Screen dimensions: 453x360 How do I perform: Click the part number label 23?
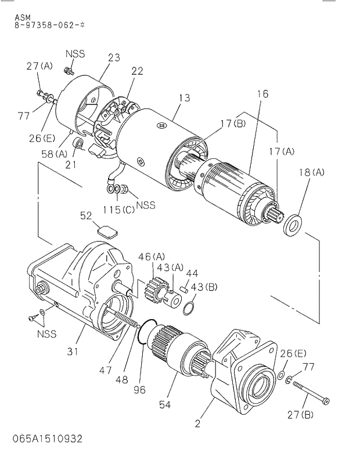[x=114, y=57]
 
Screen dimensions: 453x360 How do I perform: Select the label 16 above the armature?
[x=261, y=95]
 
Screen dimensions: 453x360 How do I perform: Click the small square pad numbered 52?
[x=106, y=229]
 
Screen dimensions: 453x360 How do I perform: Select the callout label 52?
[x=86, y=216]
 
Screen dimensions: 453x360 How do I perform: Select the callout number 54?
[x=165, y=404]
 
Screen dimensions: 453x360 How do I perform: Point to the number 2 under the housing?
[x=197, y=423]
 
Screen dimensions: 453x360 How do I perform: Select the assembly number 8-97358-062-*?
[x=50, y=26]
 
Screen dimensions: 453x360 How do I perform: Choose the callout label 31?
[x=72, y=351]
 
